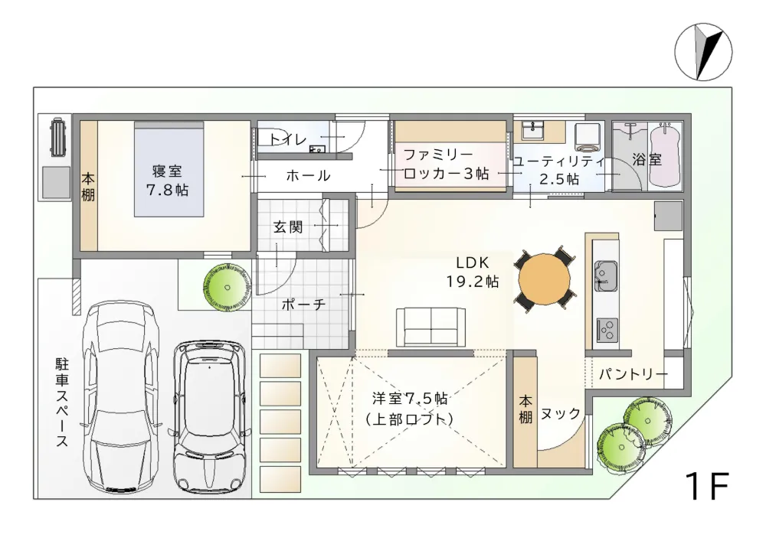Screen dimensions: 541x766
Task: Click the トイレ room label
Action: (288, 139)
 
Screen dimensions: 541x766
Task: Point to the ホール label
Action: (308, 176)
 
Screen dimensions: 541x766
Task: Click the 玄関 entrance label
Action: (289, 227)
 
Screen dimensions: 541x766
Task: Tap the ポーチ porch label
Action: (303, 304)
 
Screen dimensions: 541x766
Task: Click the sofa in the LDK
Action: (430, 326)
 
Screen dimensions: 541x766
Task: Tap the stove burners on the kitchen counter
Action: (607, 330)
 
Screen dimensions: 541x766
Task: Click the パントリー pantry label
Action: (632, 375)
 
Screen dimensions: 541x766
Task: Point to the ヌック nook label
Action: (561, 413)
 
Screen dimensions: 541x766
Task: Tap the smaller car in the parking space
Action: (211, 417)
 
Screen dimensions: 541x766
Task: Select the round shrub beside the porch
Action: (228, 287)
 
